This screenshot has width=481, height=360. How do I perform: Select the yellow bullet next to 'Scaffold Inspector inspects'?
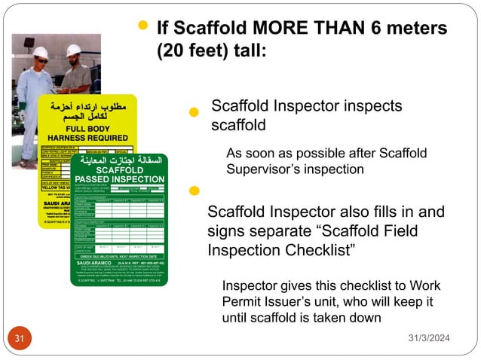click(x=194, y=112)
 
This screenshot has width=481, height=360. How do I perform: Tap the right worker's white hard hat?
click(x=73, y=50)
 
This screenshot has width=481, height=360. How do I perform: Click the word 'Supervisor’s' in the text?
click(x=261, y=169)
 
